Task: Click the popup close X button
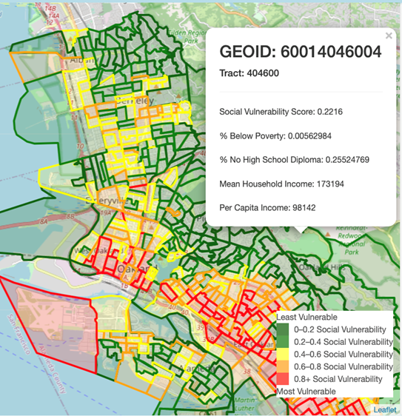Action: pos(389,36)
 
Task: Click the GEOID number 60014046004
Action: pos(338,52)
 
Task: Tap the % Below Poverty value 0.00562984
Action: pos(316,137)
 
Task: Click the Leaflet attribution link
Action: pos(385,409)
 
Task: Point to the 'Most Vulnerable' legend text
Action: pos(305,390)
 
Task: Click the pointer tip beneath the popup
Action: pos(300,232)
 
